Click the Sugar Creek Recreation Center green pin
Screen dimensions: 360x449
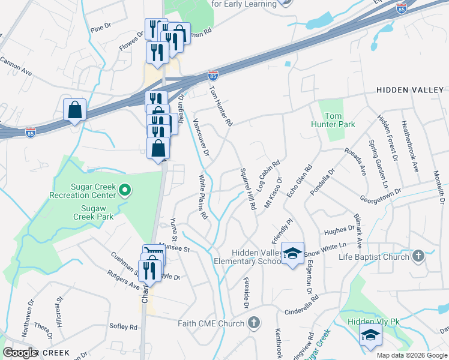click(125, 191)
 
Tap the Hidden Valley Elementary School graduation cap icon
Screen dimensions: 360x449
click(292, 254)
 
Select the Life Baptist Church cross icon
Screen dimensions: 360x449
click(418, 257)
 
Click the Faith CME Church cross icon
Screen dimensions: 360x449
click(254, 323)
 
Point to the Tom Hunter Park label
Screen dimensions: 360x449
click(340, 120)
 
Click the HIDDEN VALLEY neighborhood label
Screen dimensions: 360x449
click(410, 89)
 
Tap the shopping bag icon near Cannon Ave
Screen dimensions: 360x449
click(75, 110)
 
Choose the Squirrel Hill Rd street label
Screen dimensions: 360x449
click(248, 187)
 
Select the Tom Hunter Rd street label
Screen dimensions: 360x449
click(220, 104)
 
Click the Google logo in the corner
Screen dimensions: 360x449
click(20, 353)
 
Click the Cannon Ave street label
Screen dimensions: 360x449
click(16, 67)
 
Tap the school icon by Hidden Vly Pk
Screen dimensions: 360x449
click(370, 334)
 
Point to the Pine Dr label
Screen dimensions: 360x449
click(101, 29)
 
